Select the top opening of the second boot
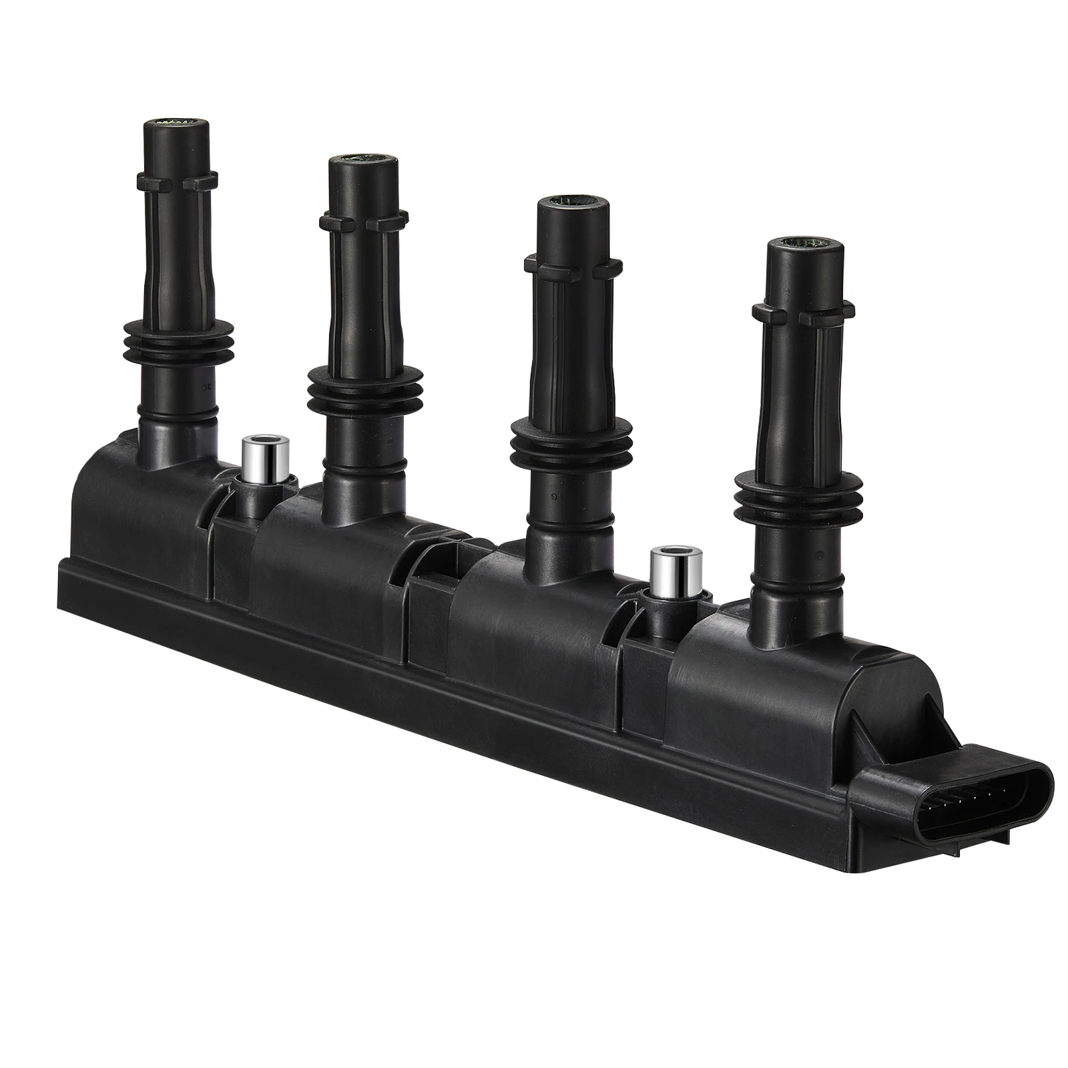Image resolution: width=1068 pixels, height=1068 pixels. click(x=363, y=160)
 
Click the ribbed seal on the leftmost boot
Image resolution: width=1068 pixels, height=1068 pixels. click(x=178, y=340)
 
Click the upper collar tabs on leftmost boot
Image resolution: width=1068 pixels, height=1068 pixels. click(x=177, y=180)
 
